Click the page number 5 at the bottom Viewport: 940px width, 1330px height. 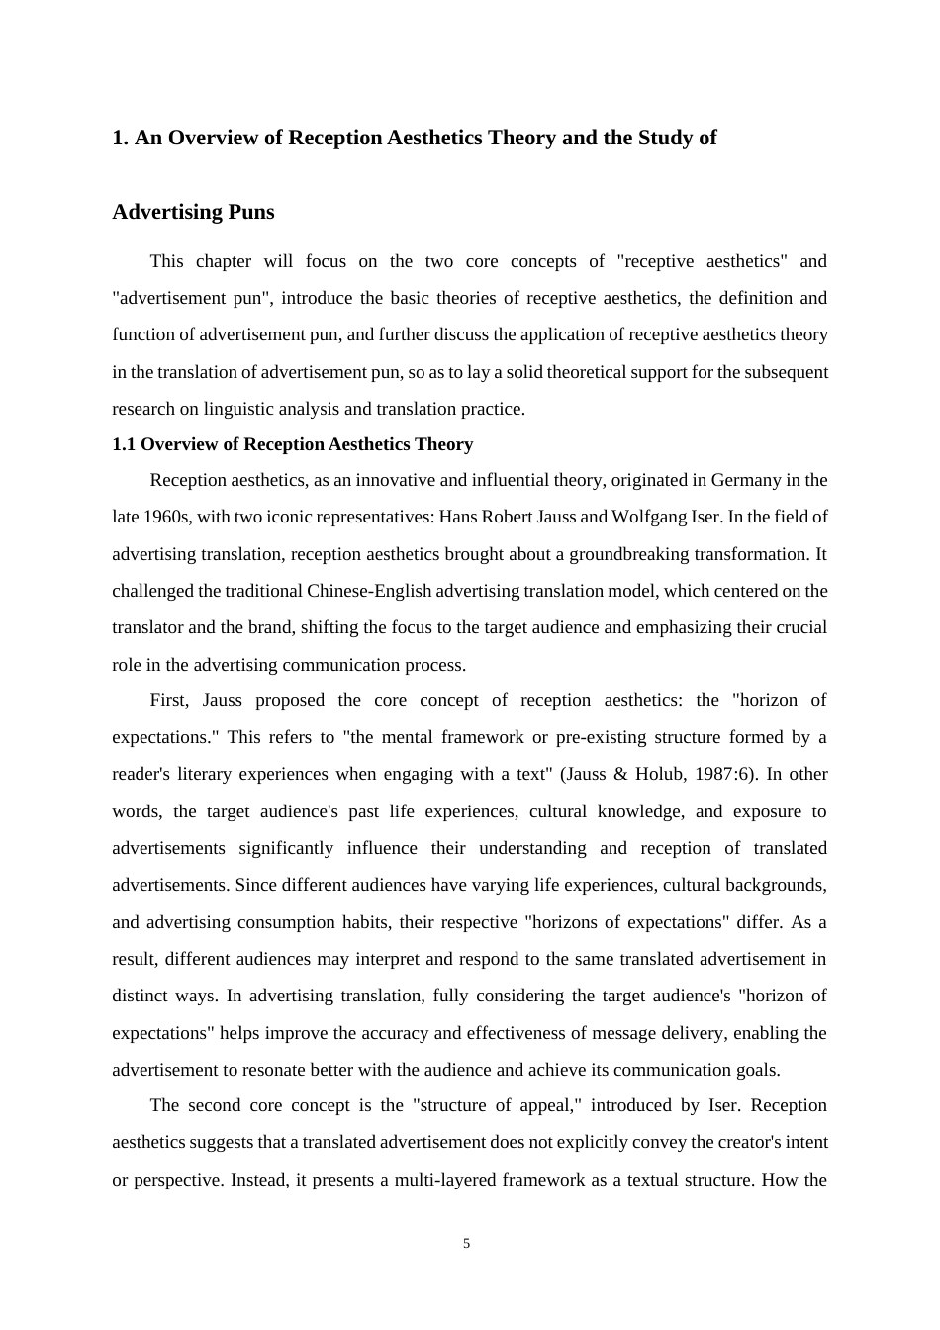[x=467, y=1244]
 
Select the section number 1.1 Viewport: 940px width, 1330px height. [x=124, y=444]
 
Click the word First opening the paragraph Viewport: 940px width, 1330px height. [x=168, y=700]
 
